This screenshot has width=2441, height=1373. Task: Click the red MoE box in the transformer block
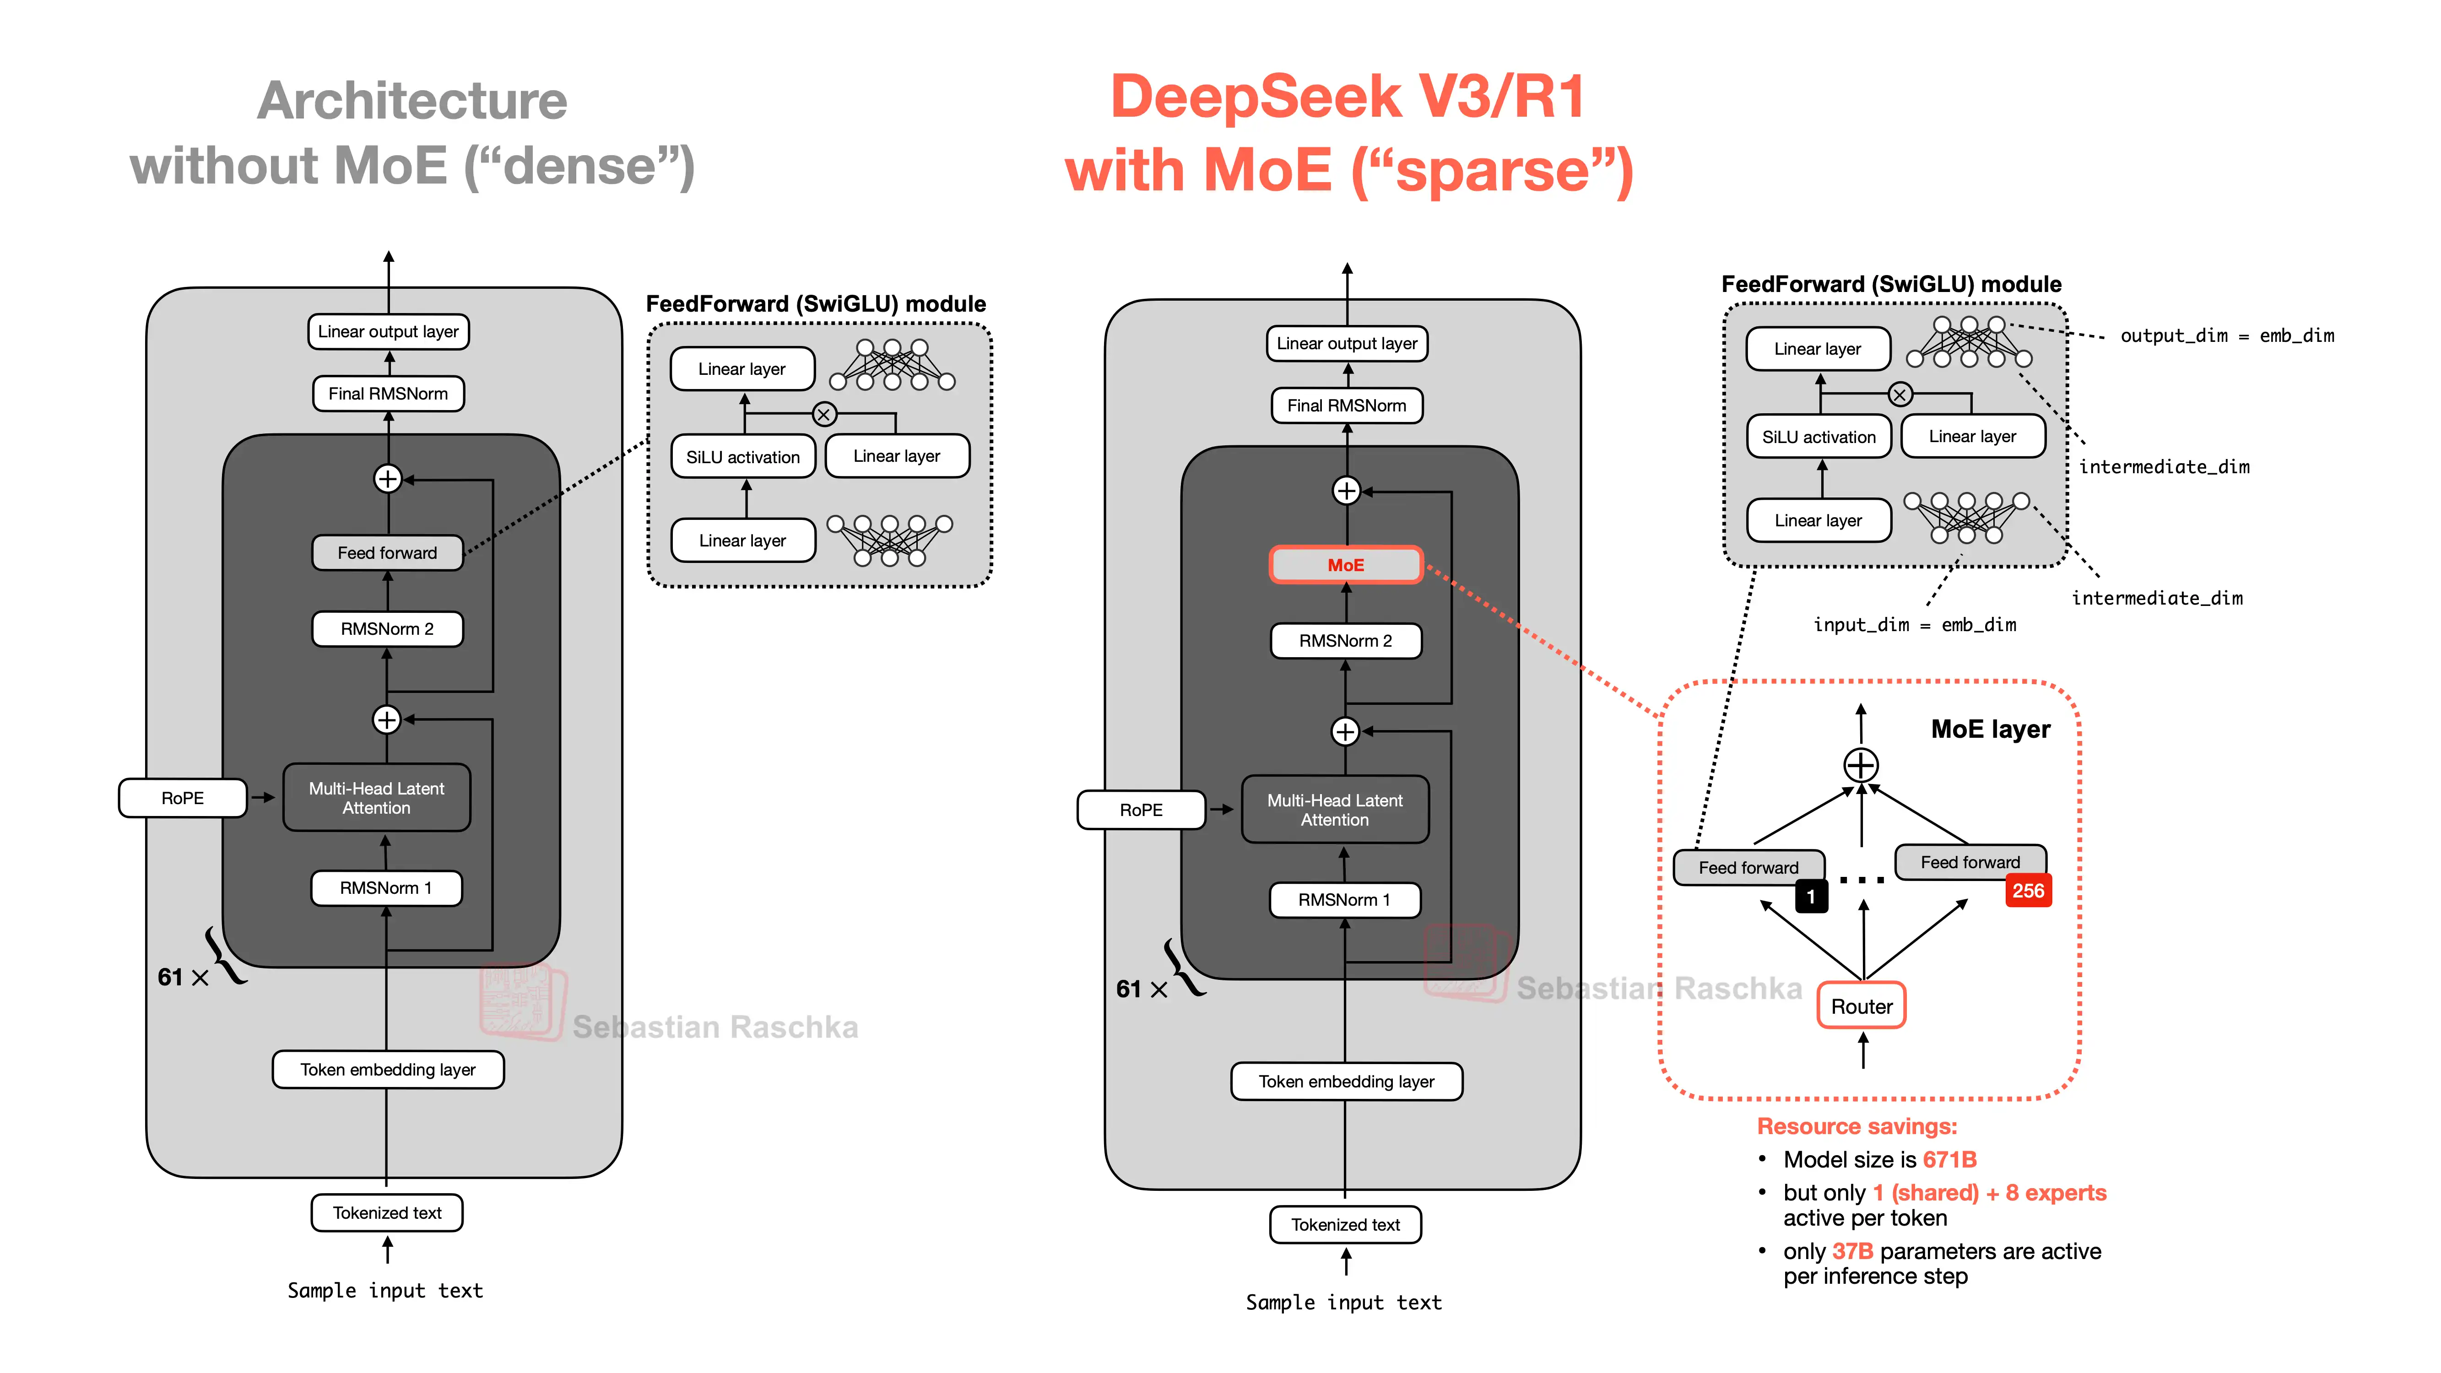pyautogui.click(x=1346, y=565)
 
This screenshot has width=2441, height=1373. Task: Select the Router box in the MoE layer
pyautogui.click(x=1861, y=1006)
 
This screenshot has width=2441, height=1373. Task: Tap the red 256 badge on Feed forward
pyautogui.click(x=2028, y=891)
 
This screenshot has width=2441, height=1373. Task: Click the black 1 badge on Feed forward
pyautogui.click(x=1811, y=897)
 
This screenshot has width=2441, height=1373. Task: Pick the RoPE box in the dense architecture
pyautogui.click(x=182, y=798)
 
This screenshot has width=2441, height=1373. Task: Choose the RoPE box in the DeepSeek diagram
pyautogui.click(x=1141, y=810)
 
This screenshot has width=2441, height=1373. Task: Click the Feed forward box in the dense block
pyautogui.click(x=388, y=552)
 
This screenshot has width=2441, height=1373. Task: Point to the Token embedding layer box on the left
pyautogui.click(x=388, y=1070)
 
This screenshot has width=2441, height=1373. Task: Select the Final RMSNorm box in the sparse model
pyautogui.click(x=1347, y=405)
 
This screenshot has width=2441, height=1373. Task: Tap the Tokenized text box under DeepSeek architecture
pyautogui.click(x=1346, y=1224)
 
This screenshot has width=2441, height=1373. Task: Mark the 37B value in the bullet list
pyautogui.click(x=1852, y=1252)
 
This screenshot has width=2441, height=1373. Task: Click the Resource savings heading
pyautogui.click(x=1856, y=1127)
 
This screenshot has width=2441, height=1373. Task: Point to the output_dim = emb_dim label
pyautogui.click(x=2227, y=335)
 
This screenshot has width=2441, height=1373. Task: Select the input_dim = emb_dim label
pyautogui.click(x=1914, y=624)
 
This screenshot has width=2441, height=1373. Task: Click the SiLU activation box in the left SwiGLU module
pyautogui.click(x=743, y=457)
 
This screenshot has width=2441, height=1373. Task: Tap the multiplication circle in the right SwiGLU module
pyautogui.click(x=1900, y=394)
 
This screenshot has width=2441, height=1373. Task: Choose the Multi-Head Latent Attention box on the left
pyautogui.click(x=376, y=798)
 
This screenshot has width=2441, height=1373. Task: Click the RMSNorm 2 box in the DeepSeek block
pyautogui.click(x=1346, y=641)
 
